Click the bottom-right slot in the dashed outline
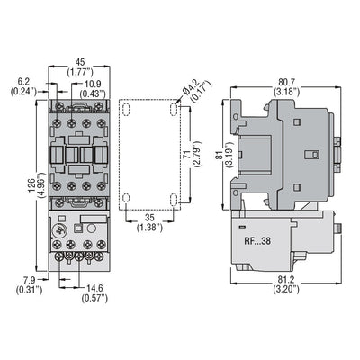170,199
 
